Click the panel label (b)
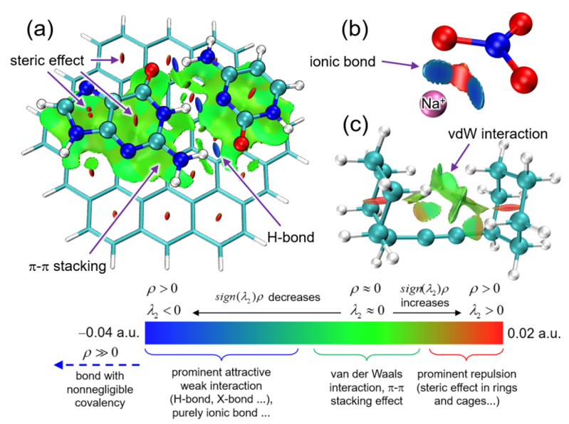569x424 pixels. tap(356, 31)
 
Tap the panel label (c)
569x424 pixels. tap(355, 125)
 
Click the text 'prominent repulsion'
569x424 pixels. tap(467, 375)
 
